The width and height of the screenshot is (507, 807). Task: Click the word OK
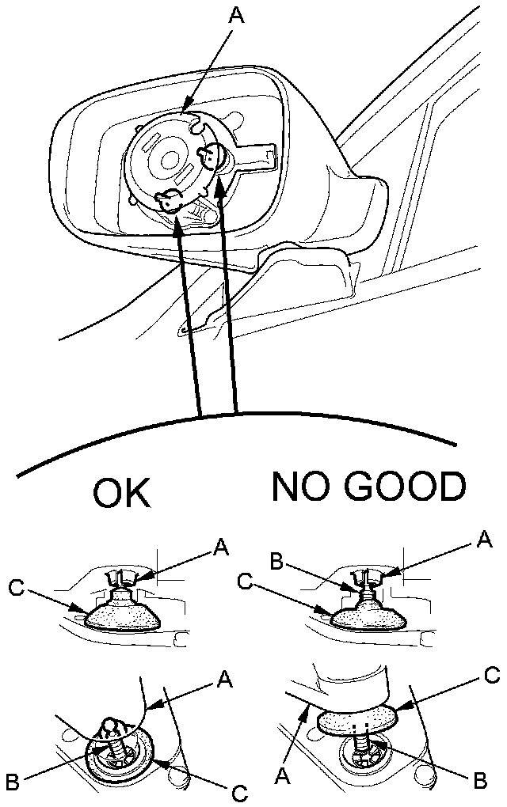121,494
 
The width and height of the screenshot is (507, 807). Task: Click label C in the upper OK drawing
17,586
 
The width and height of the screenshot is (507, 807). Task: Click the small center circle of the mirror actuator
169,159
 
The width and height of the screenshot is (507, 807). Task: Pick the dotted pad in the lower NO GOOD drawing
359,718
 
